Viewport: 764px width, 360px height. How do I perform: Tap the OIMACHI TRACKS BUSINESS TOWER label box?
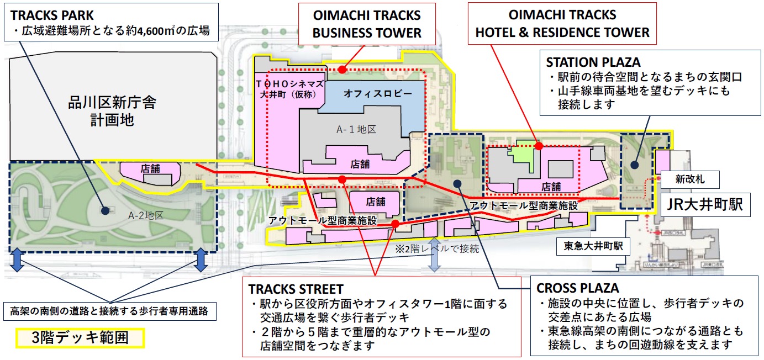(x=367, y=23)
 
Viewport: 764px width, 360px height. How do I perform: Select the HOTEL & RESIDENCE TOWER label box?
(x=562, y=23)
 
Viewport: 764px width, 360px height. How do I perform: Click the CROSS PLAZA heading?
(x=577, y=288)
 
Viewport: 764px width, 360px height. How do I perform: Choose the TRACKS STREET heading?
(x=296, y=289)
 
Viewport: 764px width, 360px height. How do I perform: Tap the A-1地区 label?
(x=356, y=130)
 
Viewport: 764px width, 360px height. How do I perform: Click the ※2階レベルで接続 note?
(x=436, y=248)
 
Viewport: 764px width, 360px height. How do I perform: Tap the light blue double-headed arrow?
(x=435, y=255)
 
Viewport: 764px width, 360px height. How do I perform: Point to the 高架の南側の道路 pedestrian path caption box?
(x=109, y=311)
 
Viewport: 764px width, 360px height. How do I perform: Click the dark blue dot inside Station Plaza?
(x=634, y=164)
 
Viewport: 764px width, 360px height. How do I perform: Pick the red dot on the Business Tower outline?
(x=343, y=70)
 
